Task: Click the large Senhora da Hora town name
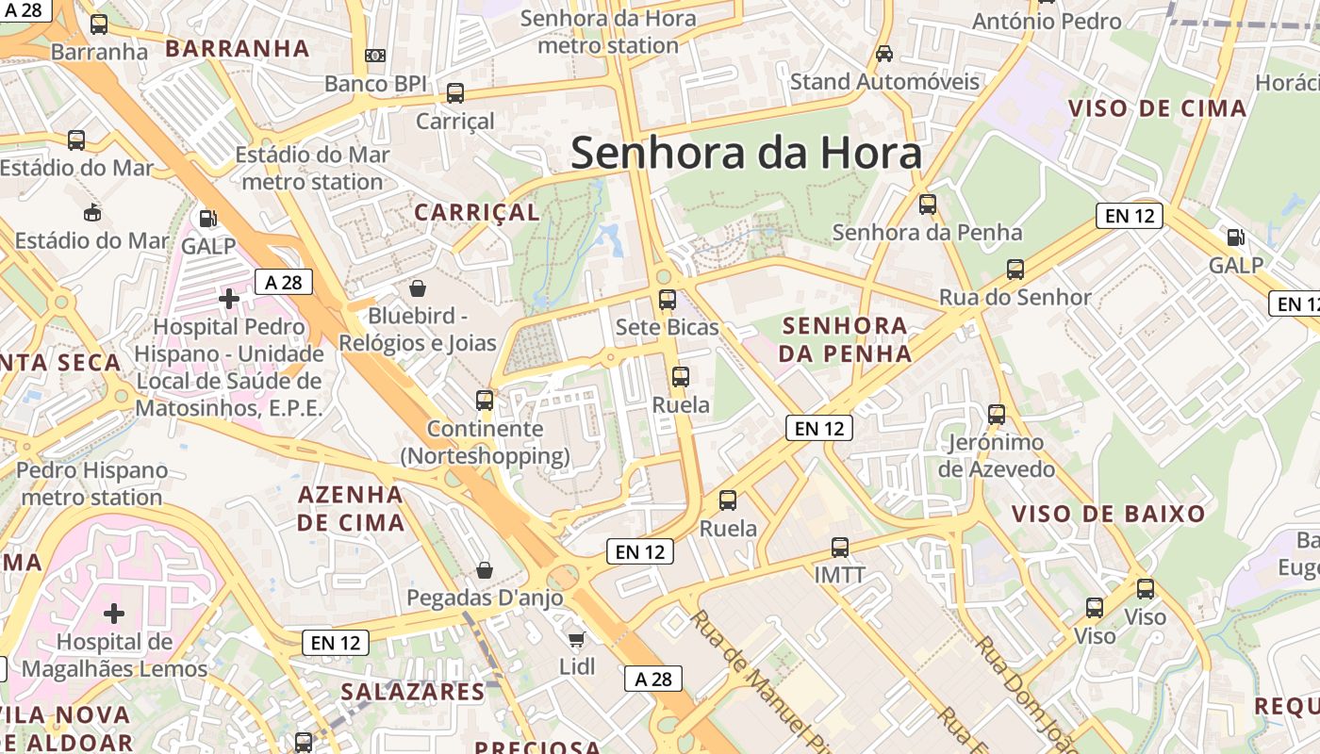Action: (746, 153)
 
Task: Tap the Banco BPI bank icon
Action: (375, 56)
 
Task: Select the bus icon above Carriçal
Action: (455, 93)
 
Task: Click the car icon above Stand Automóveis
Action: (884, 54)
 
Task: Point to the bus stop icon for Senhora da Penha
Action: (928, 204)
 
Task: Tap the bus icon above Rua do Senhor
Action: (1015, 270)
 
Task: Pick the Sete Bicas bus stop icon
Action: (668, 301)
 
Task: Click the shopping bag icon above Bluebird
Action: (418, 288)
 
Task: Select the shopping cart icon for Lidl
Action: (577, 639)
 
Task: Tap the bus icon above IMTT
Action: (840, 548)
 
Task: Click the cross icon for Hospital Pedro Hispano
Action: (229, 299)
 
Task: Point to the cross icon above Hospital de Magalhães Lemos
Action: (114, 614)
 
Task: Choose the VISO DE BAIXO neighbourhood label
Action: (1109, 514)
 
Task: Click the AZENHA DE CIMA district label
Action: (352, 508)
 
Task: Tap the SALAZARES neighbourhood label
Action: (413, 692)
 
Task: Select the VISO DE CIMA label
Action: (1158, 107)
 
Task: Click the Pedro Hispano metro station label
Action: (92, 484)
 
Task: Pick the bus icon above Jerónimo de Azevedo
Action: (997, 415)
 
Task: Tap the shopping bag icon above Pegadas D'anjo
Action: (485, 570)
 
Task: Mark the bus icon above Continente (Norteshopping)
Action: (485, 401)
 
